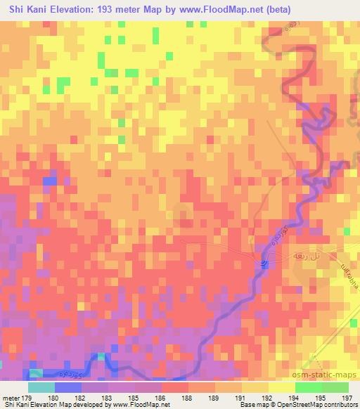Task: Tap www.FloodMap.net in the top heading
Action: tap(211, 10)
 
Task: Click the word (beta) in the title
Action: tap(272, 10)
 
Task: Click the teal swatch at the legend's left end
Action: tap(41, 387)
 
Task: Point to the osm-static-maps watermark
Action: tap(330, 375)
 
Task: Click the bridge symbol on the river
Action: tap(264, 264)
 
